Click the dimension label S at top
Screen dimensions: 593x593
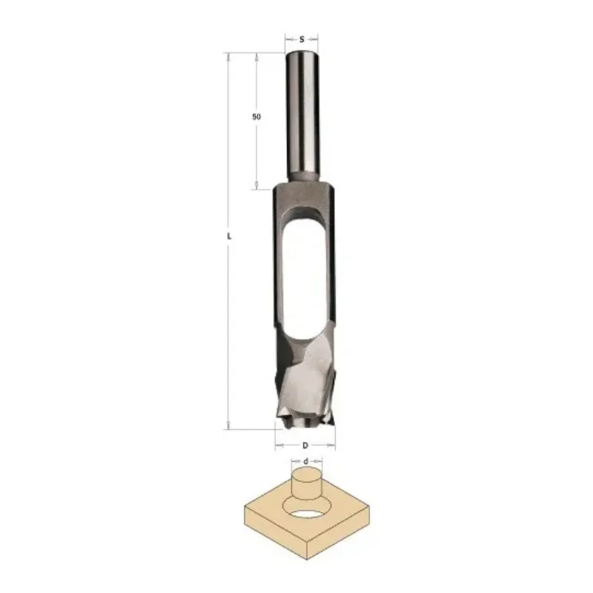[x=302, y=39]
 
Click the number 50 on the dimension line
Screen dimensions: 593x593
[x=256, y=117]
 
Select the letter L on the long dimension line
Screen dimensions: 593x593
[x=229, y=236]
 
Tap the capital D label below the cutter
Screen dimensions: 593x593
[x=305, y=445]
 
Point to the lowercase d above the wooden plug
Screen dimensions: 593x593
[x=306, y=461]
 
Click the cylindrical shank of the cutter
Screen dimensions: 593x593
[x=302, y=116]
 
